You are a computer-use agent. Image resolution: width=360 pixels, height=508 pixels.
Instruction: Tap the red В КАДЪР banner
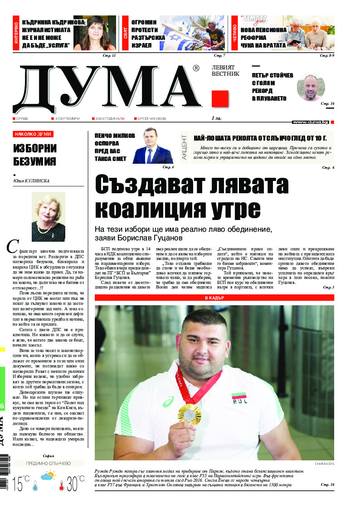[214, 298]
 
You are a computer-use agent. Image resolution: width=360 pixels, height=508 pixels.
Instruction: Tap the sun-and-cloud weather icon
[48, 476]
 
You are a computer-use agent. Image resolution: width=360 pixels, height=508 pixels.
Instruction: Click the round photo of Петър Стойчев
[311, 88]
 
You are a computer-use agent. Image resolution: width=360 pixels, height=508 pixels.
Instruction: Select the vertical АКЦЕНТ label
[184, 146]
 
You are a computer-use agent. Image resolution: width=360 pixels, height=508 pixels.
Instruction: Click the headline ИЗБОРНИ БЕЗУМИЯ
[34, 155]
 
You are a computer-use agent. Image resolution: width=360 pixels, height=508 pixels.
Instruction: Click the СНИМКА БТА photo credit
[324, 464]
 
